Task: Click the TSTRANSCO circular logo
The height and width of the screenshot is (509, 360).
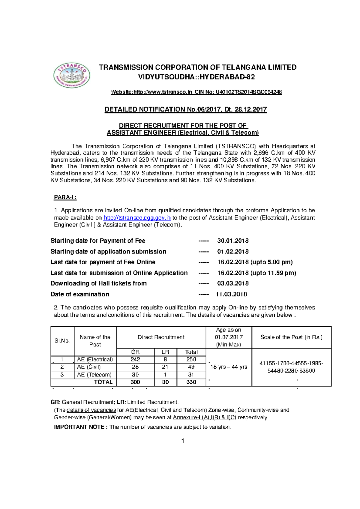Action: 72,76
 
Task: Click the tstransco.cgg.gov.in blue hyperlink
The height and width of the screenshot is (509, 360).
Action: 137,218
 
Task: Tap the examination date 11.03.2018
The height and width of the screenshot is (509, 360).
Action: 231,294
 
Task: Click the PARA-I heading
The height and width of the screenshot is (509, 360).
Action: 65,197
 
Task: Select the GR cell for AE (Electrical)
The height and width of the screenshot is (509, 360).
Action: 135,359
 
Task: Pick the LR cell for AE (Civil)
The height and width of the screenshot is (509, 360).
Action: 165,367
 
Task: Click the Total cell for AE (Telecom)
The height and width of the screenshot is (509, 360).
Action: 191,375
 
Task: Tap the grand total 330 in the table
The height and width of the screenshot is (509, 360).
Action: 191,382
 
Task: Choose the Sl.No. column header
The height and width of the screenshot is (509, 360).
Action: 62,341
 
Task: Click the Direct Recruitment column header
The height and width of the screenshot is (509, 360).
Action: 161,337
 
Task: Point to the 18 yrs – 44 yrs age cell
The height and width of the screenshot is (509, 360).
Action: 229,367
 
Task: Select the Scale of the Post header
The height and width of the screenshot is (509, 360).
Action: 291,337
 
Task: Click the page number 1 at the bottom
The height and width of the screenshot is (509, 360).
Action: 183,441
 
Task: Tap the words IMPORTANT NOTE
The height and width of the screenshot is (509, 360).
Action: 79,427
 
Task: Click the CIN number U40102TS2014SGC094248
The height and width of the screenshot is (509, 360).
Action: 249,92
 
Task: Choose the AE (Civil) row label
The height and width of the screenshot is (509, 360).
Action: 89,367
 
